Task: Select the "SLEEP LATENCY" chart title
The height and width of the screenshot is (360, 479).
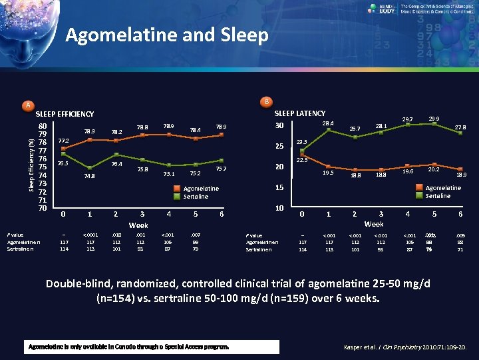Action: [x=300, y=113]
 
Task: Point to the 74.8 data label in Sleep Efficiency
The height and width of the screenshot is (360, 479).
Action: [x=89, y=176]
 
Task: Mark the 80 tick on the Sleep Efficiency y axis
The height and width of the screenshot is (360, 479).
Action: [x=43, y=126]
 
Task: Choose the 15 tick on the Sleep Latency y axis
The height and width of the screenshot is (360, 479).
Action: [x=280, y=188]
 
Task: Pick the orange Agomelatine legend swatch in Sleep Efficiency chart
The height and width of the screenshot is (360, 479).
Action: [x=177, y=189]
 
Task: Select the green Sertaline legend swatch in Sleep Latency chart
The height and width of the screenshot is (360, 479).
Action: [x=419, y=196]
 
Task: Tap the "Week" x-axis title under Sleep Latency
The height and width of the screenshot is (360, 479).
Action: [x=374, y=224]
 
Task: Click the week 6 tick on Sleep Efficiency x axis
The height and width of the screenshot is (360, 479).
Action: [x=221, y=214]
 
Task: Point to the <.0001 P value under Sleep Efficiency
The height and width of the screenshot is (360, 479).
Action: [x=89, y=235]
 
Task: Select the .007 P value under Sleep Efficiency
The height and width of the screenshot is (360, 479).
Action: [x=196, y=235]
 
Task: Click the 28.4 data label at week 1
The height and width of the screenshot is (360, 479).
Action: [x=327, y=123]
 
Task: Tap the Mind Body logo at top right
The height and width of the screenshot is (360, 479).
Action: [x=385, y=9]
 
